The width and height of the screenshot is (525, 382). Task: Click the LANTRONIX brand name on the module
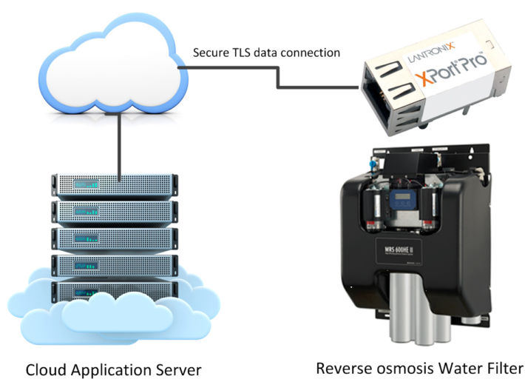coord(424,54)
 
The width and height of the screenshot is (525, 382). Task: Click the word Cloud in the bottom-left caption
coord(45,368)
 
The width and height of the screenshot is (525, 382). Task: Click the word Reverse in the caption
coord(341,368)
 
